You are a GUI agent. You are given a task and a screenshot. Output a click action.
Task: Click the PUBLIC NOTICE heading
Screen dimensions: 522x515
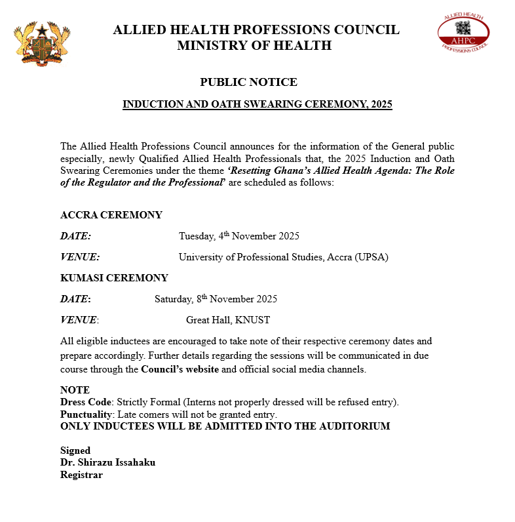click(248, 82)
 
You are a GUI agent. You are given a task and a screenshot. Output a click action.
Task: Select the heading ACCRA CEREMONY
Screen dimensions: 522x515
click(111, 215)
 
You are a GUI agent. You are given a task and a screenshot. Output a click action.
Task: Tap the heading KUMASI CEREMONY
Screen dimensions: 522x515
click(114, 277)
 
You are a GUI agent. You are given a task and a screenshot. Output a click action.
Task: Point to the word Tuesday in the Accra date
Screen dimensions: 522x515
click(197, 236)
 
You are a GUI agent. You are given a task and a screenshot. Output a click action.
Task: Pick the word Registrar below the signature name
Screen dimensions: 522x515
click(81, 474)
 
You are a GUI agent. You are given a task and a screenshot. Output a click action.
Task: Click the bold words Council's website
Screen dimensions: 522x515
click(180, 369)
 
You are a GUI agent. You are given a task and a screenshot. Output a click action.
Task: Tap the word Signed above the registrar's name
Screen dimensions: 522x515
click(75, 451)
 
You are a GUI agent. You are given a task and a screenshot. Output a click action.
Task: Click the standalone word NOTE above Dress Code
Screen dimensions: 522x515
click(75, 390)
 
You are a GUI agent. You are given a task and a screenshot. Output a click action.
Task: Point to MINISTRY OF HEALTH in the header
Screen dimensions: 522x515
click(254, 45)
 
